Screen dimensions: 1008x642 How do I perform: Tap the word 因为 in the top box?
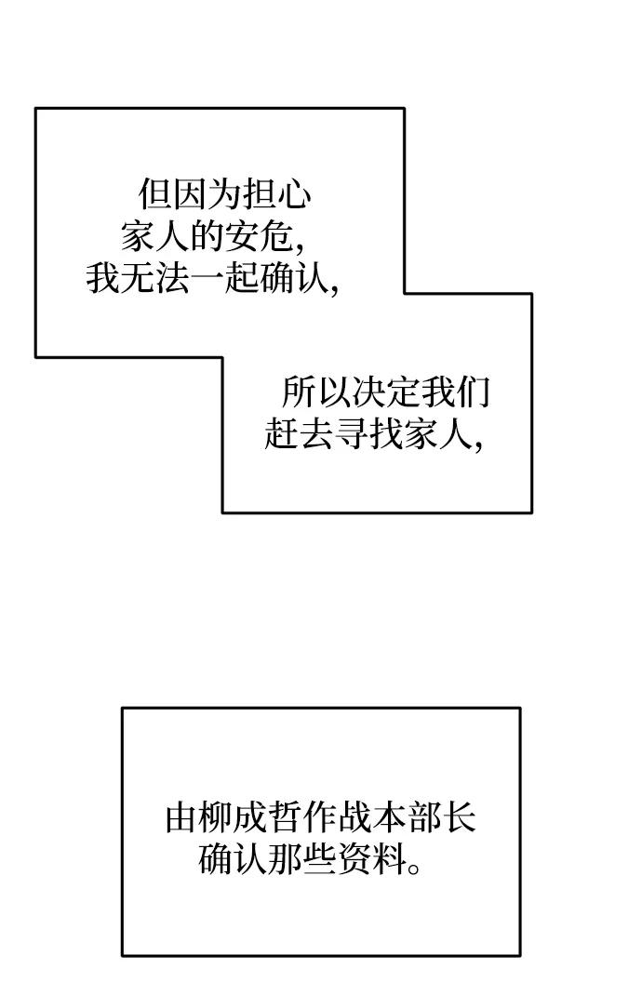click(207, 195)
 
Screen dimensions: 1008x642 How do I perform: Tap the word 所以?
click(315, 393)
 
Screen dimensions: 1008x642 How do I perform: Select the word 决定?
click(385, 393)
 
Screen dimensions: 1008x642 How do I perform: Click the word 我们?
click(455, 393)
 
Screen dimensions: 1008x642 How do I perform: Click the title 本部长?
click(425, 818)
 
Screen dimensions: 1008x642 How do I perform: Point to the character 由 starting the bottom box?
click(181, 818)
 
